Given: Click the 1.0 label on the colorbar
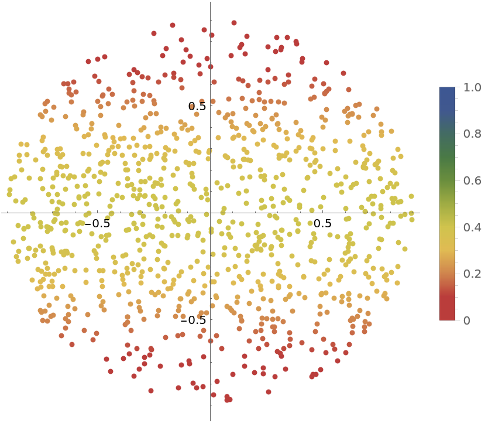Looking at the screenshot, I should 472,87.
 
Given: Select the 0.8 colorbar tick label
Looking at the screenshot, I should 472,134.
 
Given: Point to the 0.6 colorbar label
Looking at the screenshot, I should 472,180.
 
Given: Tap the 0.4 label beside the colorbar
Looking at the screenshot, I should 472,227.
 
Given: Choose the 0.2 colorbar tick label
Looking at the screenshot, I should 472,274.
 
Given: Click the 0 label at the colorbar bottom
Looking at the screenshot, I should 466,320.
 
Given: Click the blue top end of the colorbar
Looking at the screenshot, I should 447,91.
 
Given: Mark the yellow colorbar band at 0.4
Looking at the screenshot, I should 447,227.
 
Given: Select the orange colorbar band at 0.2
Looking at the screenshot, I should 447,274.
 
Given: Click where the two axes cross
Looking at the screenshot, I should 210,213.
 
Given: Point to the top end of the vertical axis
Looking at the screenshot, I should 210,2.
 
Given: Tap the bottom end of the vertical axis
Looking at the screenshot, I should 210,420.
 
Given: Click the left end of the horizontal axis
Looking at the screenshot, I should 2,213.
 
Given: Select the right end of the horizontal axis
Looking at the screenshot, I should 420,213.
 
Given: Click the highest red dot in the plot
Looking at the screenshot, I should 234,23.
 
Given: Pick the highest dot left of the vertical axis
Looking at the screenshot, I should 173,25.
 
